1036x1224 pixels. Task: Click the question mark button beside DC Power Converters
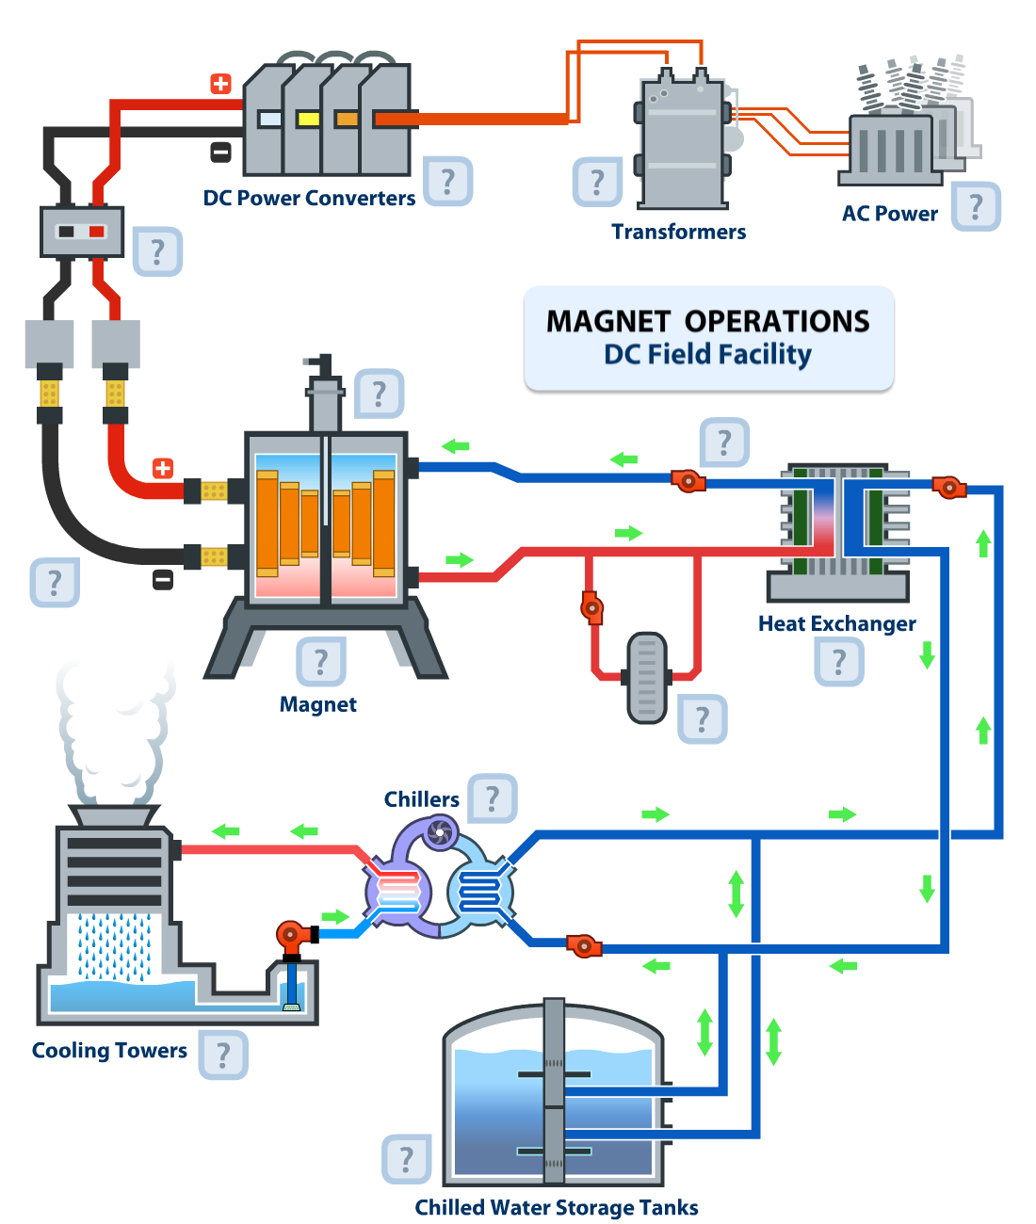click(x=447, y=180)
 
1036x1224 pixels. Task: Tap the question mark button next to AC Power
click(x=976, y=205)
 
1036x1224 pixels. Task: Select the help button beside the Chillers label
click(x=493, y=798)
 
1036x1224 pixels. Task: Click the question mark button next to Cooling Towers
click(x=223, y=1055)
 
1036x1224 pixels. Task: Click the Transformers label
click(x=678, y=232)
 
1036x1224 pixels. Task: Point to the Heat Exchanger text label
click(x=836, y=623)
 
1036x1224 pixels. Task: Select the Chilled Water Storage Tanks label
click(x=557, y=1207)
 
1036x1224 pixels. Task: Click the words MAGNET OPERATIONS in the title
click(x=707, y=321)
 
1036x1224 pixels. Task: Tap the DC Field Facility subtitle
click(x=707, y=355)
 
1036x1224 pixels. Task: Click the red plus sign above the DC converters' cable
click(x=220, y=84)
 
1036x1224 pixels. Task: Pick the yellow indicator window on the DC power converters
click(x=308, y=119)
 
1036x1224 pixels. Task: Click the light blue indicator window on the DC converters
click(x=269, y=119)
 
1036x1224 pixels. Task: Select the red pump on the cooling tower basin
click(x=291, y=935)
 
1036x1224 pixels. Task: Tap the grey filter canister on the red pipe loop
click(x=647, y=677)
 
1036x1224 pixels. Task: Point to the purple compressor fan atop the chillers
click(x=440, y=832)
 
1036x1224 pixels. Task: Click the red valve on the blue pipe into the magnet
click(x=688, y=481)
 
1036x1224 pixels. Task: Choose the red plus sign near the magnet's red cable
click(x=163, y=468)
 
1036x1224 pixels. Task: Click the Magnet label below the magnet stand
click(x=317, y=704)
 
